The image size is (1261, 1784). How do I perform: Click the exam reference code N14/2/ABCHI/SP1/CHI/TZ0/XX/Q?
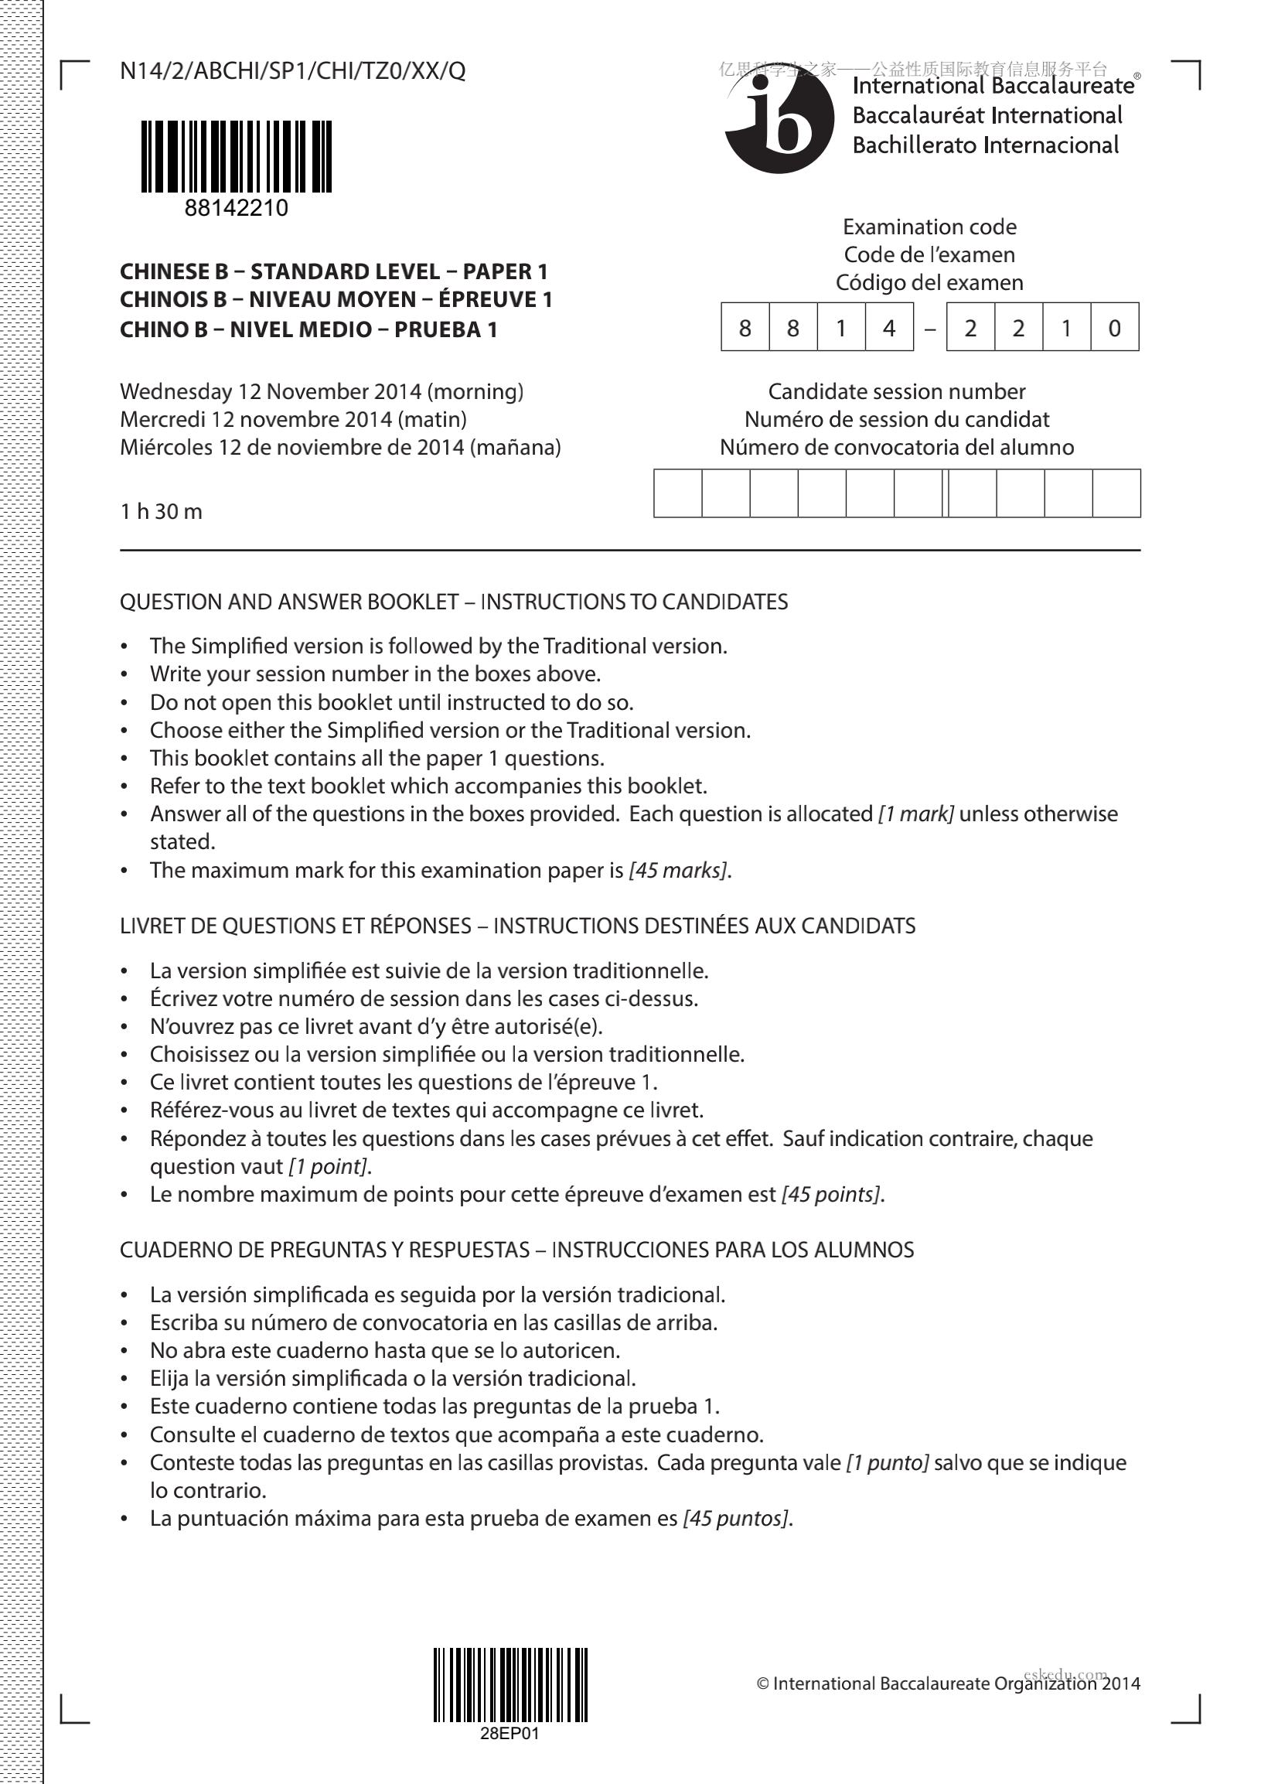pos(293,71)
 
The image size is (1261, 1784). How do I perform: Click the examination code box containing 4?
pos(889,328)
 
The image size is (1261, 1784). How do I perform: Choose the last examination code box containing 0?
pos(1114,328)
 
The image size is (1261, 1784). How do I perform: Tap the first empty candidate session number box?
pos(677,493)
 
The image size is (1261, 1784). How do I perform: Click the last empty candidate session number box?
pos(1116,493)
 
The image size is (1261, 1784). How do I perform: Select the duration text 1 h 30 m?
pos(161,511)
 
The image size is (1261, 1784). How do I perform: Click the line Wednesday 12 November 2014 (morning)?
pos(322,391)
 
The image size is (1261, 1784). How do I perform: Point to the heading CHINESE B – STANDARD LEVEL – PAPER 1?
pos(334,272)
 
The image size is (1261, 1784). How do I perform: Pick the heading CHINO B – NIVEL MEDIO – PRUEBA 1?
pos(308,329)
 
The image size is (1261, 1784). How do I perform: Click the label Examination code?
pos(929,227)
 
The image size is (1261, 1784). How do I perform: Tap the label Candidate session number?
pos(897,391)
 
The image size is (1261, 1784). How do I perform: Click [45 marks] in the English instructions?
pos(679,870)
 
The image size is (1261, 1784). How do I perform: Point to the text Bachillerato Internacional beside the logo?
pos(985,145)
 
